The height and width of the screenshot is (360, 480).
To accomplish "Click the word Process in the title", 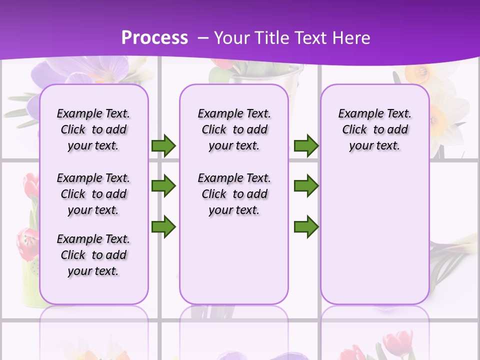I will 154,37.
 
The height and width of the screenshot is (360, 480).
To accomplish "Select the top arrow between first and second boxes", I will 163,146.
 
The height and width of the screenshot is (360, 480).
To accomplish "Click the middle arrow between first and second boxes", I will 163,186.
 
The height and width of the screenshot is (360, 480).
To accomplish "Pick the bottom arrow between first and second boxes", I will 163,227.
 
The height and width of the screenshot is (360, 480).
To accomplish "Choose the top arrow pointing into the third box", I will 306,146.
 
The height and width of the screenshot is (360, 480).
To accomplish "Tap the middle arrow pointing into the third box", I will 306,186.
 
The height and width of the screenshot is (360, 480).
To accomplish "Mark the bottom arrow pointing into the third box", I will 306,227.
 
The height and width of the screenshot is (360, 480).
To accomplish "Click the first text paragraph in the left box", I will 93,129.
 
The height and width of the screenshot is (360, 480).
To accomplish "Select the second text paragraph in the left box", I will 93,194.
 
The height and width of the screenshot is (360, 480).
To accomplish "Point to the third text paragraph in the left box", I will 93,255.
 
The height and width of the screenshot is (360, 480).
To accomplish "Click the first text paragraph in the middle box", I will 234,129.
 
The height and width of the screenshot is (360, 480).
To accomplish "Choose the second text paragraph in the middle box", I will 234,194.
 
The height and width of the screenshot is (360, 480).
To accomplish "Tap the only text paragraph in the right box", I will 375,129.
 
